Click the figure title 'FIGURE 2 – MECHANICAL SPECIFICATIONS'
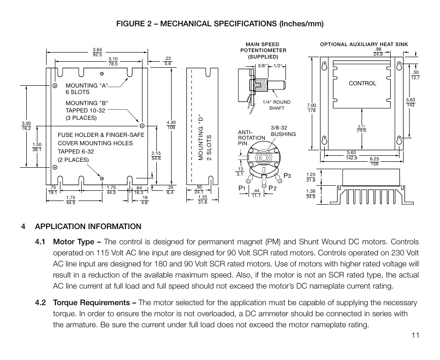220,24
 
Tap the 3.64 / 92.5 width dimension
97,52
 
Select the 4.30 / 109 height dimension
171,124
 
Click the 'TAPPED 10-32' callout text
81,111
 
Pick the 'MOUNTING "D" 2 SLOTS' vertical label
204,137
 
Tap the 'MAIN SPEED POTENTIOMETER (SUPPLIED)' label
263,51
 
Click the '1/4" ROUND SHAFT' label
276,105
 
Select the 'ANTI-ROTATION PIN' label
251,138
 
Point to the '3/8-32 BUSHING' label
283,131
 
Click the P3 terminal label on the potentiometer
287,175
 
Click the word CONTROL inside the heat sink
362,83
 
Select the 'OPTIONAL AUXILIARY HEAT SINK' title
364,45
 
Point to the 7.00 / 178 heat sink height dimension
311,108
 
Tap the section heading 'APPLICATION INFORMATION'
88,226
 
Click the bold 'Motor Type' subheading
77,242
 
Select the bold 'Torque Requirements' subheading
94,303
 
